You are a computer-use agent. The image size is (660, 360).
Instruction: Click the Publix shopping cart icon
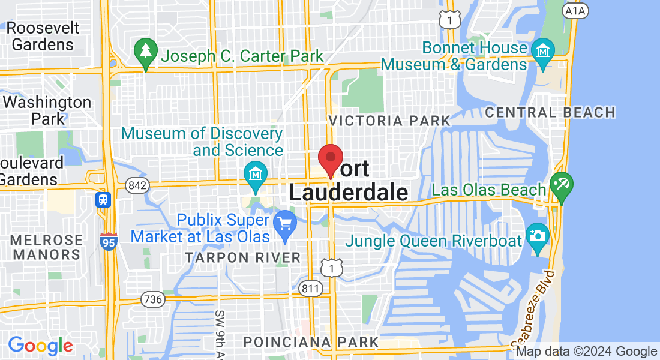285,225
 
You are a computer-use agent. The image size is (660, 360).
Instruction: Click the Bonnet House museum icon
544,51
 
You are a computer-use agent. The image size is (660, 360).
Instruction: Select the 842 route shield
137,186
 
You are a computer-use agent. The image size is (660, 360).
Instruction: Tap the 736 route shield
153,299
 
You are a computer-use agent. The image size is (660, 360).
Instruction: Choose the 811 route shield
310,289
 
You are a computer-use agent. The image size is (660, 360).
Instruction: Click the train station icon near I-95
103,199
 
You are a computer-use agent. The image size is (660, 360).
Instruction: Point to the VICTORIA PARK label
389,121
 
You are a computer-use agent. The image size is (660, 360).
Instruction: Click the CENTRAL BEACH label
550,112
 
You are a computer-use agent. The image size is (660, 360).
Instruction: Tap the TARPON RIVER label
242,258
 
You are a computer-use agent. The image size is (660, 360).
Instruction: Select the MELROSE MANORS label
47,247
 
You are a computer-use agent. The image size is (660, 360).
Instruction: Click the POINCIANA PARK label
311,342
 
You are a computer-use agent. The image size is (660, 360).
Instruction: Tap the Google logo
41,346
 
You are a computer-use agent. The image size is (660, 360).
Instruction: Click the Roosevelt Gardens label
43,37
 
